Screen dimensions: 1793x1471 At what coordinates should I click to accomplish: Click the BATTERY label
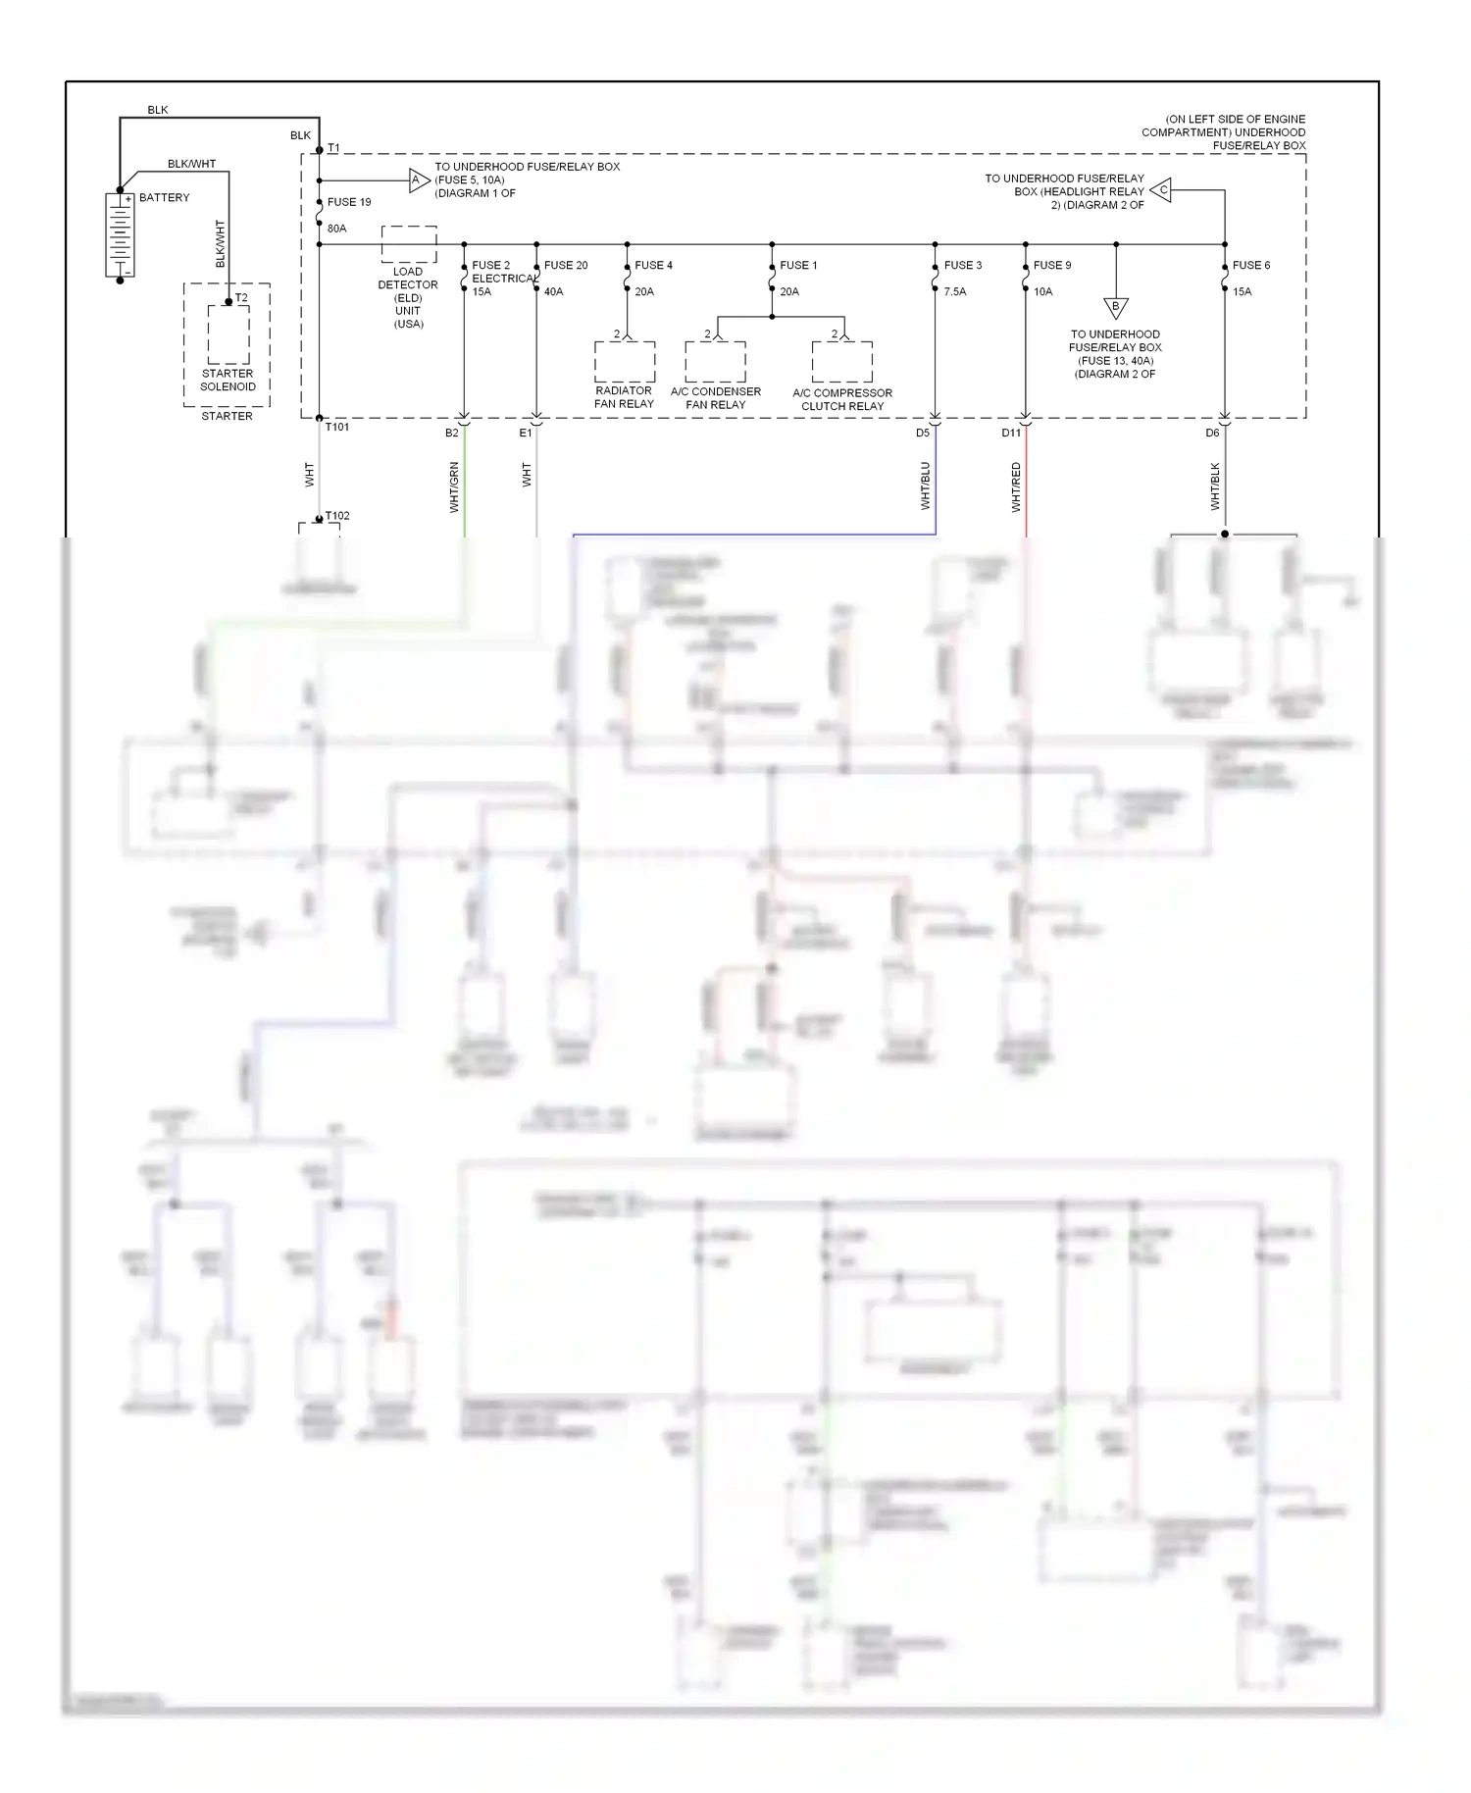point(164,197)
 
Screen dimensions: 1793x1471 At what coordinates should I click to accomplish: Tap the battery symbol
point(120,235)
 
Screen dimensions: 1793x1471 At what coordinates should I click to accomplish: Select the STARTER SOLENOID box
point(228,334)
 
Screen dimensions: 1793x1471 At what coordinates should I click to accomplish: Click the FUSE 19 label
point(349,202)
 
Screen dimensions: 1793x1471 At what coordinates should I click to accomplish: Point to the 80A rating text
point(336,229)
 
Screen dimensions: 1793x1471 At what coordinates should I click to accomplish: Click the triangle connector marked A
point(418,179)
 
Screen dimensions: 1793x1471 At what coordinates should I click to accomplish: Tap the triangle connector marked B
point(1115,307)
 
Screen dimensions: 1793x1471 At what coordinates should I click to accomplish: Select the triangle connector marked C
point(1161,190)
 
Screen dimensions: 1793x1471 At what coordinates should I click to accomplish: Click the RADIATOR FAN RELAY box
point(625,362)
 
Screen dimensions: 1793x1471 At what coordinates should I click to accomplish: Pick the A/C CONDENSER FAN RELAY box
point(715,362)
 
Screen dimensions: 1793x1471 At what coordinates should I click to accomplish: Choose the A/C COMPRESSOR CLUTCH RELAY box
point(841,362)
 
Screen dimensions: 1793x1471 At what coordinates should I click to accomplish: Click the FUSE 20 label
point(566,265)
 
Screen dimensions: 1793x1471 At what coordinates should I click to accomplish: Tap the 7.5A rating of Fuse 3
point(955,291)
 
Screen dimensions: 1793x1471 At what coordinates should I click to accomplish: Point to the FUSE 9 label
point(1052,265)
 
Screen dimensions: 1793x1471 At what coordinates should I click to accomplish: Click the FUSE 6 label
point(1250,265)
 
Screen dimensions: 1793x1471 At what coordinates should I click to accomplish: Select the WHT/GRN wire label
point(454,487)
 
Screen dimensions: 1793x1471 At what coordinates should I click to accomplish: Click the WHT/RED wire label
point(1016,487)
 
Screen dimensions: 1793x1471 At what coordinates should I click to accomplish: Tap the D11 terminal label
point(1010,433)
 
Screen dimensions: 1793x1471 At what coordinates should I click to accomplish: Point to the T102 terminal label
point(337,516)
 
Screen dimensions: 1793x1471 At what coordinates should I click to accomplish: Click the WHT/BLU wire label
point(925,486)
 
